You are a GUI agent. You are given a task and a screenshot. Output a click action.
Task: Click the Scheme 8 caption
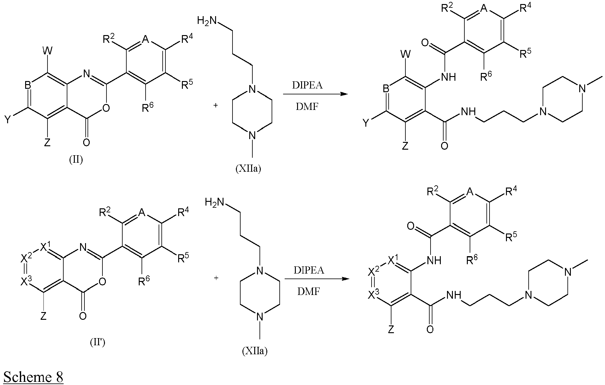click(x=33, y=377)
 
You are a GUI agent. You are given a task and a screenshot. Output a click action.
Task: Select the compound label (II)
click(x=76, y=160)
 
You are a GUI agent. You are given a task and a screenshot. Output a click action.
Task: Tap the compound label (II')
click(x=97, y=343)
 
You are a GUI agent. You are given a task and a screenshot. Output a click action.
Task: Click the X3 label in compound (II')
click(x=26, y=281)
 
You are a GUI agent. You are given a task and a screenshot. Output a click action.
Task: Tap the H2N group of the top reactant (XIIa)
click(x=207, y=20)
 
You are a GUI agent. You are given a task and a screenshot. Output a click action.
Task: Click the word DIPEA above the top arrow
click(x=307, y=85)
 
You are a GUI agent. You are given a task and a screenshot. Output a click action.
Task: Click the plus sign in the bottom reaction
click(x=216, y=278)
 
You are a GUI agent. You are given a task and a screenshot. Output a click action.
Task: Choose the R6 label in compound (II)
click(x=148, y=107)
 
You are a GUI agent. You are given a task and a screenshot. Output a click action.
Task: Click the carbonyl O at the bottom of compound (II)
click(x=87, y=143)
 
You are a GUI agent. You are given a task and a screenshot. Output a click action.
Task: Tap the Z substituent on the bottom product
click(x=391, y=328)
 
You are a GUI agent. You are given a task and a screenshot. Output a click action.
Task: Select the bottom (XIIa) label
click(x=255, y=351)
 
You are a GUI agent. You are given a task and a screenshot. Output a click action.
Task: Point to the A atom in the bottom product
click(x=470, y=192)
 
